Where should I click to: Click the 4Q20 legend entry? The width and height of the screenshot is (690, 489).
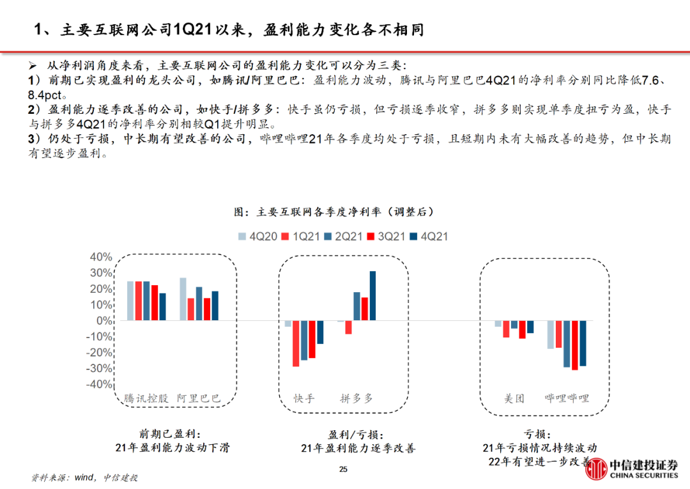tap(258, 237)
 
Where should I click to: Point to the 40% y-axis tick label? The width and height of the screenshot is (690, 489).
tap(100, 257)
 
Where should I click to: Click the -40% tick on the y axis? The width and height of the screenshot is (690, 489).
tap(98, 385)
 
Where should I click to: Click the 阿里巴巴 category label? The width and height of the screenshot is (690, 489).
tap(199, 398)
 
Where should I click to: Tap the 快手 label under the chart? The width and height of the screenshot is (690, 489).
tap(304, 398)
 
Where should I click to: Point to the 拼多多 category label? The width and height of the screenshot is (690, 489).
tap(356, 398)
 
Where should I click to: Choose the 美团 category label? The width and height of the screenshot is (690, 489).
tap(514, 398)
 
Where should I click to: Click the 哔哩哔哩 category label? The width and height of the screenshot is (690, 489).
tap(567, 398)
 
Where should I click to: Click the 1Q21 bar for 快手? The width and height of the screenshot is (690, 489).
tap(296, 343)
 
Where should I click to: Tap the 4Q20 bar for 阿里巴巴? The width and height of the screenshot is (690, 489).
tap(183, 299)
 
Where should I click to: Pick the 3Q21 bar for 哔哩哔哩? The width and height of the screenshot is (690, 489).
tap(574, 345)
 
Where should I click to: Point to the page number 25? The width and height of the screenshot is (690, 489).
tap(343, 470)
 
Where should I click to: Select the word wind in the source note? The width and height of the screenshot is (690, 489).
tap(86, 477)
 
